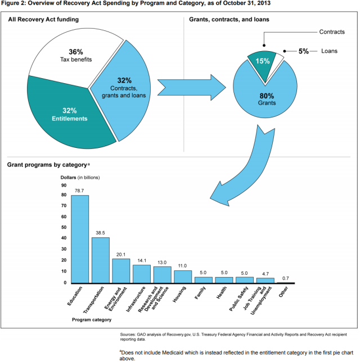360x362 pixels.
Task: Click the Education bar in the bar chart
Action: point(80,239)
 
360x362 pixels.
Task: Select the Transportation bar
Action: point(100,260)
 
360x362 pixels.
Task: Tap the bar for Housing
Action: point(182,277)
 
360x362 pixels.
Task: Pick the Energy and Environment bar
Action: point(121,270)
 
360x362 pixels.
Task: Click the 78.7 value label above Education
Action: point(80,191)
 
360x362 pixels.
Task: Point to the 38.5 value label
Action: point(100,233)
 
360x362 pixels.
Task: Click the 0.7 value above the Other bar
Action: point(285,278)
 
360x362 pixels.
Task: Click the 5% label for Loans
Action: point(304,51)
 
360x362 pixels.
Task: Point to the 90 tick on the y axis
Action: point(64,184)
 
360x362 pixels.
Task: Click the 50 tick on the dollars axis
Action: point(64,228)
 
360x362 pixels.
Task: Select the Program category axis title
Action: point(92,320)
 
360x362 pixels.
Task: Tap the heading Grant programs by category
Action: point(47,165)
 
